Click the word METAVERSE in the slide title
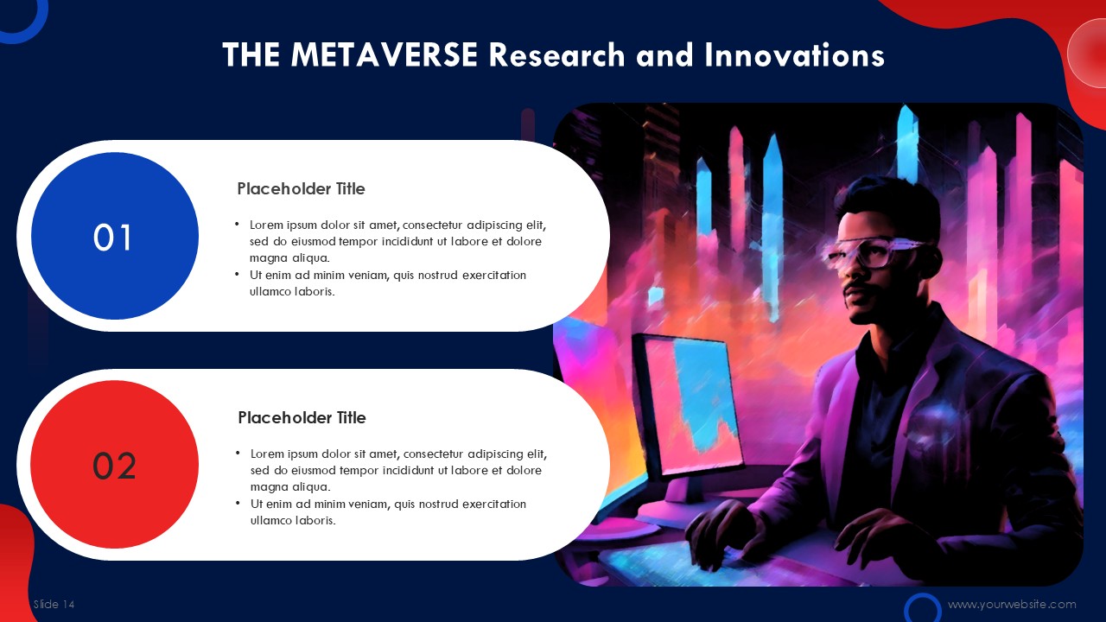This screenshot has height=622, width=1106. (385, 54)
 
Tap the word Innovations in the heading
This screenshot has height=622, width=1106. (794, 54)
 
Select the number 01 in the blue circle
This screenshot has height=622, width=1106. (112, 238)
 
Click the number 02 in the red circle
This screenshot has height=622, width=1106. (114, 466)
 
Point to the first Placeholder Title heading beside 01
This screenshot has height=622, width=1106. (302, 188)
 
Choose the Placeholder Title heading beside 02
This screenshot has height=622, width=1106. (302, 417)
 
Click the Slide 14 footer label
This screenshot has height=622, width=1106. (54, 604)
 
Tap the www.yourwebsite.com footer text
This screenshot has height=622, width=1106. (1012, 604)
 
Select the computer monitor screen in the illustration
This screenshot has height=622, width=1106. (691, 403)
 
